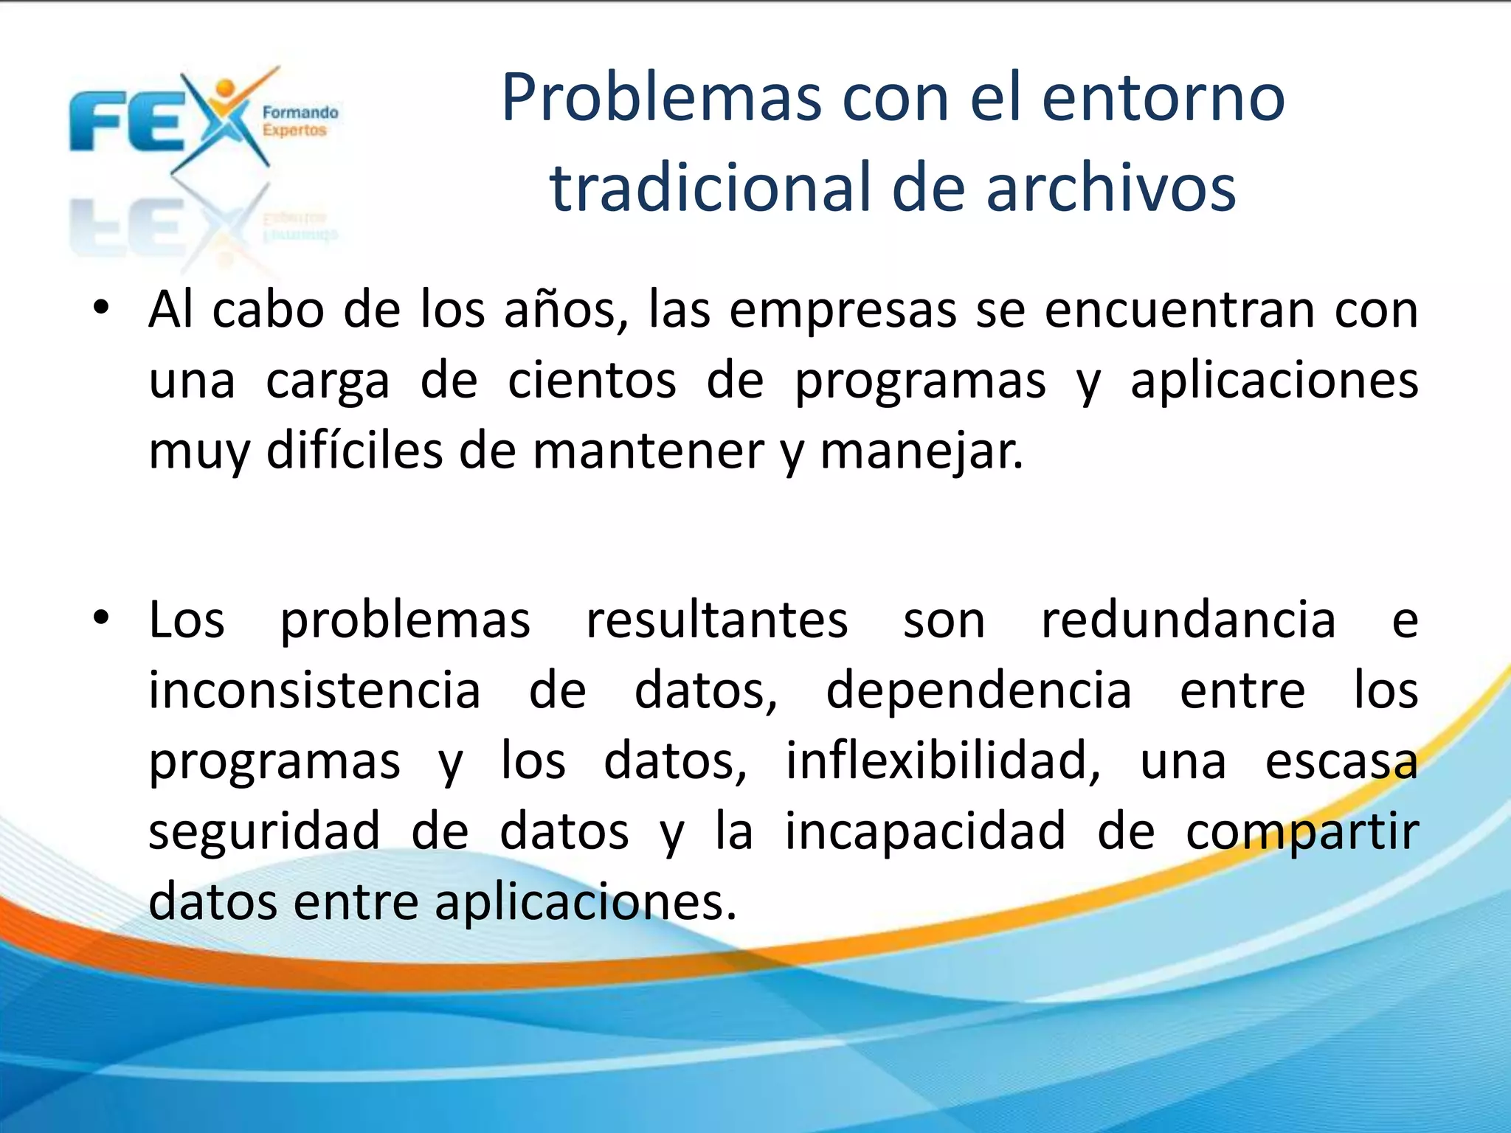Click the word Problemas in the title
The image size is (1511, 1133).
pos(661,98)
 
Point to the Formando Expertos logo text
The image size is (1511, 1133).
pos(300,122)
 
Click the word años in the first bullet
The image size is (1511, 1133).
pos(565,310)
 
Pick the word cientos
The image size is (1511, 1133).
pos(592,381)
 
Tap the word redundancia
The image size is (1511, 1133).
pos(1188,620)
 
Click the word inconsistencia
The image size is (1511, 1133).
pos(315,690)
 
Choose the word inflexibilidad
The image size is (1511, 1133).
pos(942,761)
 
